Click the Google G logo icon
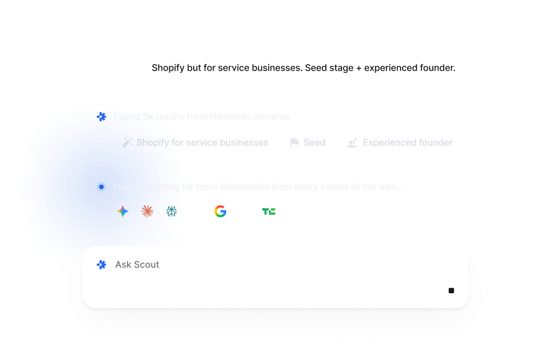(220, 211)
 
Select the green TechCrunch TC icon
(269, 211)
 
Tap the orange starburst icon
(147, 211)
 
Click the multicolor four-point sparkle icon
(122, 211)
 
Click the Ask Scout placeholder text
(137, 264)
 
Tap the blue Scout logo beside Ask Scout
(102, 264)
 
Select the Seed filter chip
(307, 143)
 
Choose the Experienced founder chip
(399, 143)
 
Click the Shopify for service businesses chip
(195, 143)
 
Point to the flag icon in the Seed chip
(294, 143)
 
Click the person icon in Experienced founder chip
(352, 143)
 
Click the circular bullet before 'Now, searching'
(102, 187)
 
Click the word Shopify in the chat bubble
(168, 68)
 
